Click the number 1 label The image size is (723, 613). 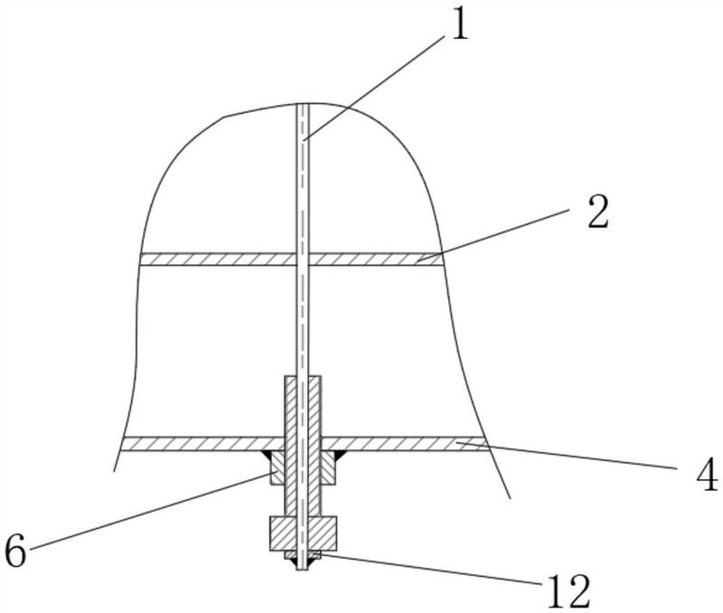pos(459,25)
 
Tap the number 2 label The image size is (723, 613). pos(598,212)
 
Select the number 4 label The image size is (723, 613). pos(706,474)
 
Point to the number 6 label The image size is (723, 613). pos(15,552)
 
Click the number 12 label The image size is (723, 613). pos(568,591)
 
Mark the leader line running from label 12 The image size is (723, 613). pos(428,570)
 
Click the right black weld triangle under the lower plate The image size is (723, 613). pos(340,455)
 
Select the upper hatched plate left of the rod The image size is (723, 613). pos(218,259)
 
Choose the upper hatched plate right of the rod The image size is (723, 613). pos(375,259)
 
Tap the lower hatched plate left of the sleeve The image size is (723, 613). pos(202,444)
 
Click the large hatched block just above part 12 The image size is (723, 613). pos(303,533)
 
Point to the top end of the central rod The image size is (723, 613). pos(302,104)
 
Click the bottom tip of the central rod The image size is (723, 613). pos(302,570)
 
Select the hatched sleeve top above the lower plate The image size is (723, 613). pos(303,406)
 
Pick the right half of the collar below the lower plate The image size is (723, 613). pos(327,467)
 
